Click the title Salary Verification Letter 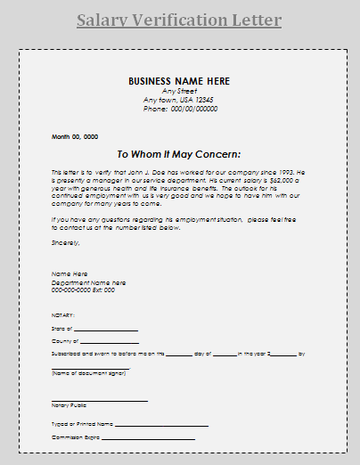coord(179,20)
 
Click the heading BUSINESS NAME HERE coord(179,81)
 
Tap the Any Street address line coord(179,91)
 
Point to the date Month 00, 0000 coord(74,136)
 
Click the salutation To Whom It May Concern coord(179,153)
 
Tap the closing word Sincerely coord(66,241)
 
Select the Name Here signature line coord(70,273)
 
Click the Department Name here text coord(88,282)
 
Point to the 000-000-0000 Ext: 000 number coord(83,290)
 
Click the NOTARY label coord(63,314)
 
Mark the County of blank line coord(110,342)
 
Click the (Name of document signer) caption coord(87,373)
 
